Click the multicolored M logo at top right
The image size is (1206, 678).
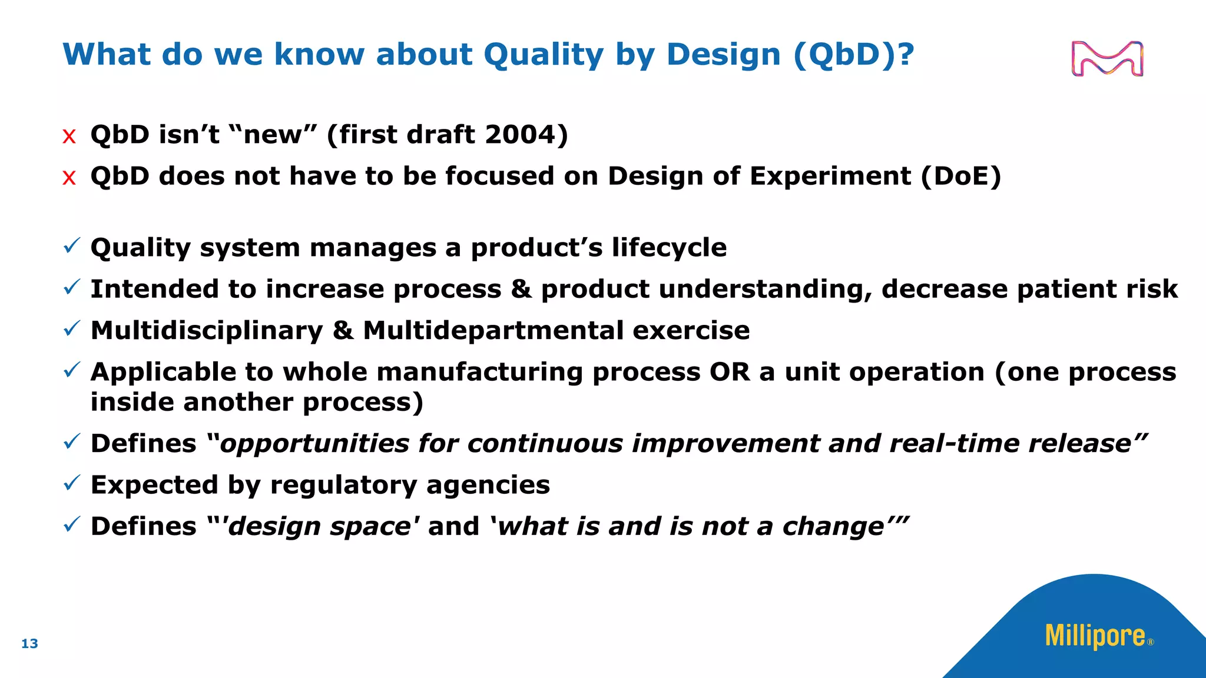(1107, 58)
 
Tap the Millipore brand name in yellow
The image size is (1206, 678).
(1095, 636)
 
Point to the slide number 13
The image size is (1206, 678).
(29, 644)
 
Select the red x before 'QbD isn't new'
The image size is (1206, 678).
(69, 137)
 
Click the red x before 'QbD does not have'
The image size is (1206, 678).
(69, 178)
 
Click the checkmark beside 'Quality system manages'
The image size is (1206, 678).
(71, 247)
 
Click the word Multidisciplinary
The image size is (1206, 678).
(207, 331)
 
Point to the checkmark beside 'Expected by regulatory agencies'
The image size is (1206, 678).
(71, 484)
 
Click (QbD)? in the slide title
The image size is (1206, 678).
(854, 55)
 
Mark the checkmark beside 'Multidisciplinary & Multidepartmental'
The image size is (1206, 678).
(71, 330)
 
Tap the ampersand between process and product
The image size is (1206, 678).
(521, 290)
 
